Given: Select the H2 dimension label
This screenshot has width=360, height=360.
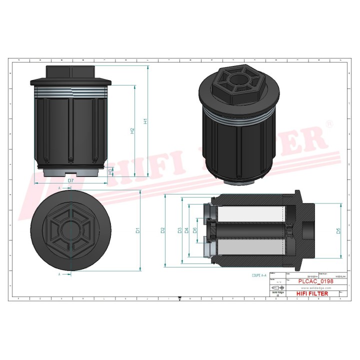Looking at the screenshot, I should point(132,130).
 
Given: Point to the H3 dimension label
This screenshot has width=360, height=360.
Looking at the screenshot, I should point(110,171).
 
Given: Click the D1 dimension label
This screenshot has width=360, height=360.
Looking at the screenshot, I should point(137,231).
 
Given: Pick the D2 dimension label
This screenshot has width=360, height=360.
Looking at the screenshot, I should point(162,230).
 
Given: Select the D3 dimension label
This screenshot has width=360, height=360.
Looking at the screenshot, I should point(179,230).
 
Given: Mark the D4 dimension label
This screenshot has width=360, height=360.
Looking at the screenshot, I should point(186,230).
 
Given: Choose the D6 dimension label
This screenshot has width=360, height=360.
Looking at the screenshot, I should point(194,230).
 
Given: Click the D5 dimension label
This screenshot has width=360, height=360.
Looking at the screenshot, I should point(338,230).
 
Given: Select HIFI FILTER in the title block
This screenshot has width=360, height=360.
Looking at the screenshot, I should point(312,293).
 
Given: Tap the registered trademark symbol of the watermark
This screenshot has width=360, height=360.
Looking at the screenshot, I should point(328,123).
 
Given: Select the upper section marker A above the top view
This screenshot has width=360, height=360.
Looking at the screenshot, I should point(59,187).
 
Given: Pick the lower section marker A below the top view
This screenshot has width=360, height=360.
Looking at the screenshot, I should point(59,274).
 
